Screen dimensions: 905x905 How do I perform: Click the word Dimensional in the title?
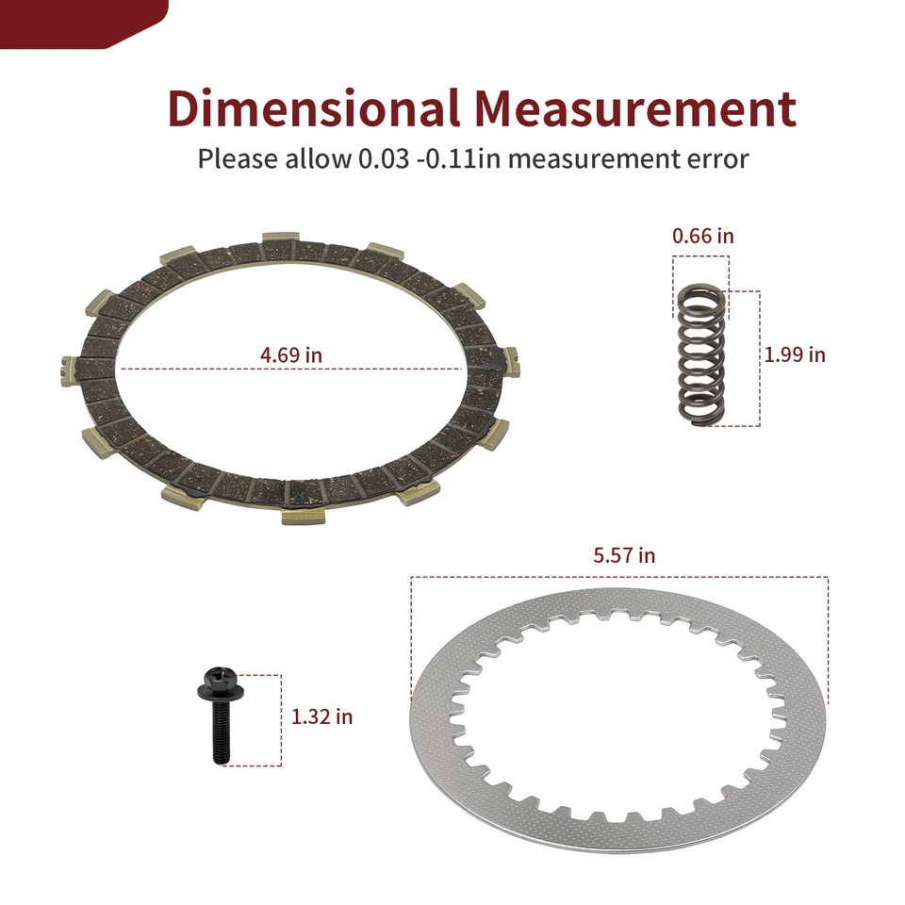pos(313,107)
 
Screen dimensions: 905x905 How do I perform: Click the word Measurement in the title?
pos(635,107)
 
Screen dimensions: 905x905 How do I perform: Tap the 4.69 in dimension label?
pos(291,354)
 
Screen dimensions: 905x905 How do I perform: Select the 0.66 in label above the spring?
pos(703,236)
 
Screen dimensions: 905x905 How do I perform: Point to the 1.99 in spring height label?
pos(795,354)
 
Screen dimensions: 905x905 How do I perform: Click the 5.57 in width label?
pos(624,555)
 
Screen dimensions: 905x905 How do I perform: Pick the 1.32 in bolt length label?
pos(322,716)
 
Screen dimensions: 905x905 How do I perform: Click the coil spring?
pos(700,355)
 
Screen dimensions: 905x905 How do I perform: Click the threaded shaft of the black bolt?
pos(221,731)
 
